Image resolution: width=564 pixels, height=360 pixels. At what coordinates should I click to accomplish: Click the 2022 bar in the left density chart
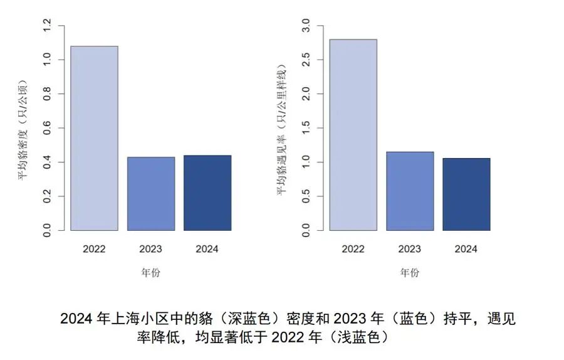(94, 138)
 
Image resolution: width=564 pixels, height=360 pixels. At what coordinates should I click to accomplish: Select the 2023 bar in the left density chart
(150, 194)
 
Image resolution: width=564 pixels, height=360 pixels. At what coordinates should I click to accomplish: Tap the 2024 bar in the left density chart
(207, 193)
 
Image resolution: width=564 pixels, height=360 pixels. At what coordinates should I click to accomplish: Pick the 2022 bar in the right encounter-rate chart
(353, 135)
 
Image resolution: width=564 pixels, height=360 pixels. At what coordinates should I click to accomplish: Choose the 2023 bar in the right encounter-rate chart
(410, 191)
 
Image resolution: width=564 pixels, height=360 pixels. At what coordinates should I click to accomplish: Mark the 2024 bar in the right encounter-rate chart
(466, 194)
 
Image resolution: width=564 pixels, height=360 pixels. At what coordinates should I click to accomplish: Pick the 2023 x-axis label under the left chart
(150, 249)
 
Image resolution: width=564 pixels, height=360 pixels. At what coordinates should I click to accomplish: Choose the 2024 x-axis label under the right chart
(466, 249)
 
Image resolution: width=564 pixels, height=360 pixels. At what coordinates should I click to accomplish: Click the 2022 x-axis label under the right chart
(353, 249)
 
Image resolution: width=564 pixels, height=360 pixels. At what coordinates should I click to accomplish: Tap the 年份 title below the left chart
(150, 273)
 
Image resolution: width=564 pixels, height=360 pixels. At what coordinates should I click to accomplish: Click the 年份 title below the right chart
(410, 273)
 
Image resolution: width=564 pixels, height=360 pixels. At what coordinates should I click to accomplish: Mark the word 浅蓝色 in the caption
(361, 337)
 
